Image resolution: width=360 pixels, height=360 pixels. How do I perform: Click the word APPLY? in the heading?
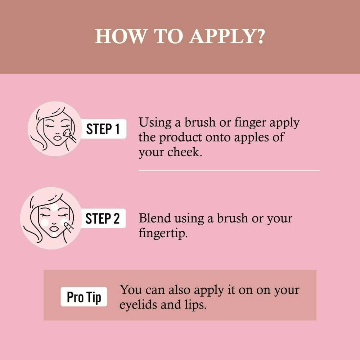coord(227,36)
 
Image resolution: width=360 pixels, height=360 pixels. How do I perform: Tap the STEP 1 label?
coord(103,129)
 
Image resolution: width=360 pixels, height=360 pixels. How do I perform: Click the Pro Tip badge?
coord(84,297)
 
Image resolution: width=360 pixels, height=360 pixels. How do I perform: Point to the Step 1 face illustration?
coord(55,129)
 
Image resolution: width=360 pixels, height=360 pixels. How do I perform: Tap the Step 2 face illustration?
coord(51,219)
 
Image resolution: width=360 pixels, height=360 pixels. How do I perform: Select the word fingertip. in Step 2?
coord(163,233)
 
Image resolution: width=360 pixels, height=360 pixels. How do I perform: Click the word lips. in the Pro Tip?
coord(195,305)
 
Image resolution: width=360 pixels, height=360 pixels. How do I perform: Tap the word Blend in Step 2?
coord(155,218)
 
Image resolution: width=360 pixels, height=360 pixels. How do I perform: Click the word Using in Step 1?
coord(155,123)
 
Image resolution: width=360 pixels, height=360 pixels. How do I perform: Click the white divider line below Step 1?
coord(229,171)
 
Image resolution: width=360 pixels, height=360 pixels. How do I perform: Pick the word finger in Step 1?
coord(250,123)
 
